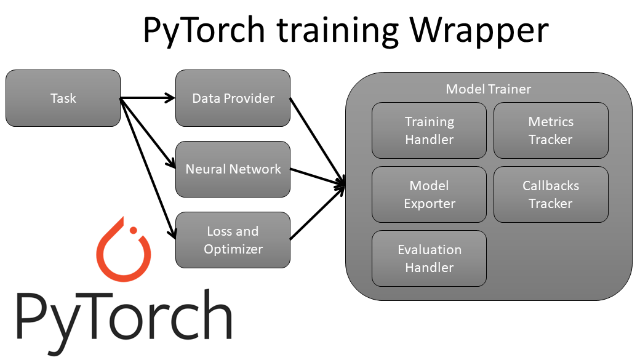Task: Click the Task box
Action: (63, 98)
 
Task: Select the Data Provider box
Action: (233, 98)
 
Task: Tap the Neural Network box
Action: (233, 169)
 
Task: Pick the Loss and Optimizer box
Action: (233, 240)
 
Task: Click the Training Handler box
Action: (429, 130)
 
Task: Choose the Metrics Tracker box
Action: (551, 130)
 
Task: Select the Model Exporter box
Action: (429, 194)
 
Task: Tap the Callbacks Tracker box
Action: (551, 194)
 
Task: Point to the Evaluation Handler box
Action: (429, 258)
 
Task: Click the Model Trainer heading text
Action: (488, 89)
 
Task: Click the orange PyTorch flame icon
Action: (123, 252)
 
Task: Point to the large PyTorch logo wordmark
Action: (123, 317)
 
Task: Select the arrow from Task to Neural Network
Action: (146, 132)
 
